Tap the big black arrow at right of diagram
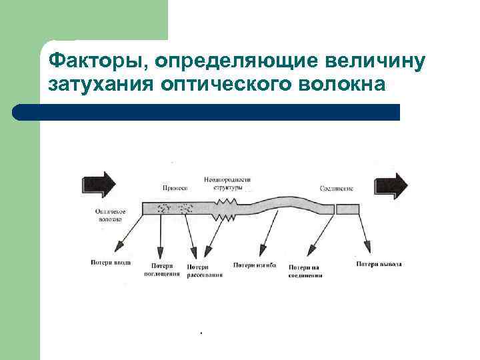click(392, 185)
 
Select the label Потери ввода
click(111, 263)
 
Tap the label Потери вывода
click(379, 264)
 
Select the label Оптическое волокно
click(107, 214)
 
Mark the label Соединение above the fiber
click(337, 189)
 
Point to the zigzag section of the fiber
click(225, 208)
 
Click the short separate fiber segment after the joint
click(348, 209)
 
